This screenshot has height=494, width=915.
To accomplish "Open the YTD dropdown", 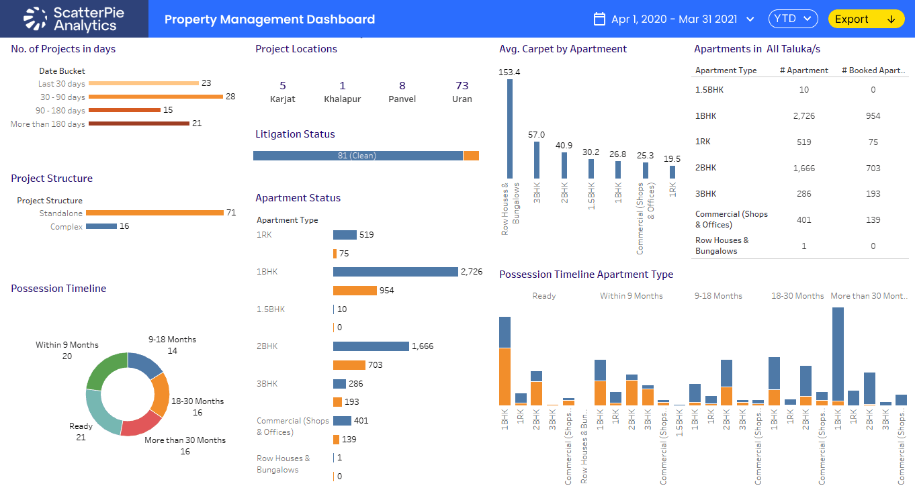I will (793, 19).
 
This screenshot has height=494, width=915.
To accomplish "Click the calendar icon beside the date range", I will (600, 19).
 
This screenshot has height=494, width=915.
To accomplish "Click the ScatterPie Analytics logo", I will (74, 19).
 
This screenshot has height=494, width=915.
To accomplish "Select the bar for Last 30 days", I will (143, 83).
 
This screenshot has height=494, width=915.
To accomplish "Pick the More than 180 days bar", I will (138, 123).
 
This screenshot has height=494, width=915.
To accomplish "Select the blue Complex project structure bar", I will (101, 226).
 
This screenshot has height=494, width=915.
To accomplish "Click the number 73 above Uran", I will (462, 86).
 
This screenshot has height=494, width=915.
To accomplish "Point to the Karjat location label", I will (282, 99).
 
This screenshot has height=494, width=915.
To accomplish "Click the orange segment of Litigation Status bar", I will (471, 156).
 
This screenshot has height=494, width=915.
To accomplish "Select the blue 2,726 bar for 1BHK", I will (395, 272).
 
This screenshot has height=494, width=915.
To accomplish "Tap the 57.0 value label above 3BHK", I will (536, 135).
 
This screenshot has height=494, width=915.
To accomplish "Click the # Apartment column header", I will (803, 70).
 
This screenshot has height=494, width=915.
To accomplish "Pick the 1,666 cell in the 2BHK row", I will (803, 168).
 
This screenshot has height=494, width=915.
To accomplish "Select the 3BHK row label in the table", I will (705, 194).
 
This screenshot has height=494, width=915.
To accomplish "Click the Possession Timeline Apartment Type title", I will (586, 275).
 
